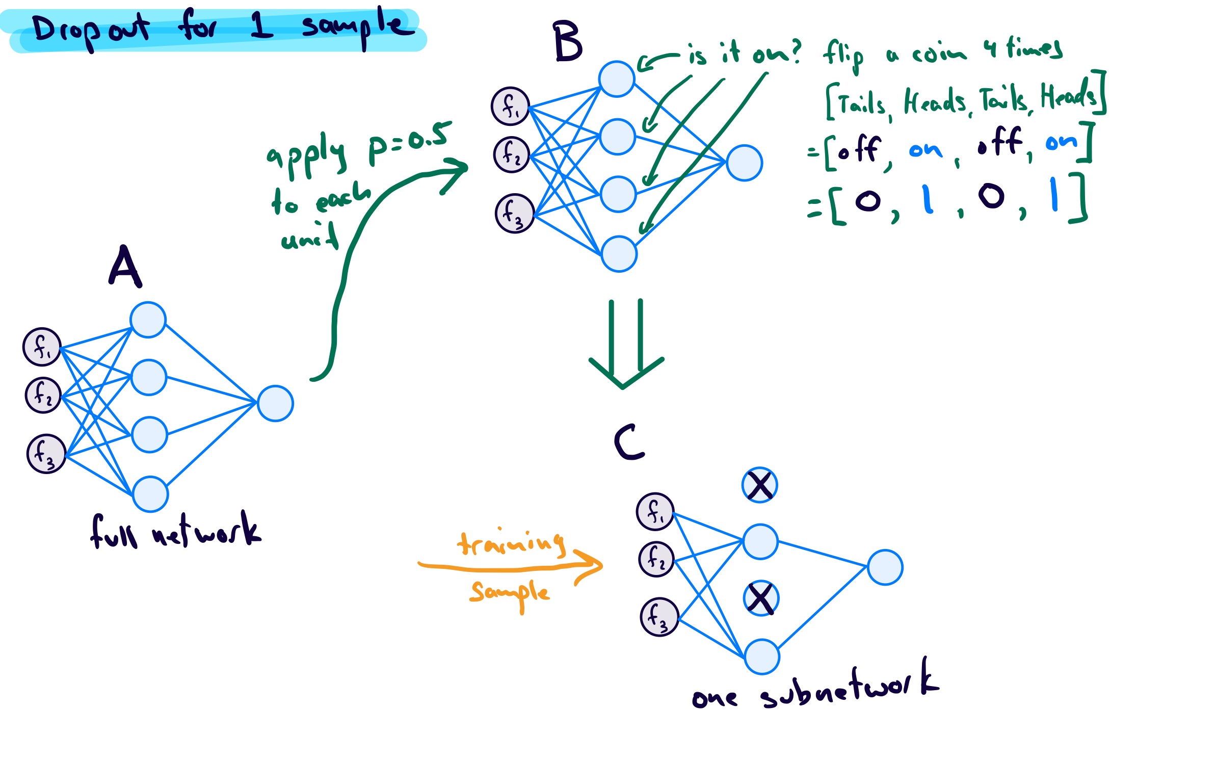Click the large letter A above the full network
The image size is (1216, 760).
click(x=125, y=267)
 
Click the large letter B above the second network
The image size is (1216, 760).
click(x=567, y=42)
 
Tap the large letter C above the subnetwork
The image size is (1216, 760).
click(x=629, y=442)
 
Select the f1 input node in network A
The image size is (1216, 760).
click(x=42, y=347)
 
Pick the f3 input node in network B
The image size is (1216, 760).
click(x=514, y=213)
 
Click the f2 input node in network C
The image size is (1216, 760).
click(x=656, y=559)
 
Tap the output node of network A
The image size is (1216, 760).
click(x=275, y=403)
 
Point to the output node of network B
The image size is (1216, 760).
click(x=744, y=163)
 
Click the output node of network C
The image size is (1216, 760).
click(x=885, y=567)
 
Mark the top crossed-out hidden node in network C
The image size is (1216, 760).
click(x=759, y=485)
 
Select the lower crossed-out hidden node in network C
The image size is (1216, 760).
click(x=761, y=598)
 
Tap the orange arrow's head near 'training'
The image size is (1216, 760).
click(x=591, y=565)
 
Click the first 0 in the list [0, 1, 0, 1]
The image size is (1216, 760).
click(x=868, y=200)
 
